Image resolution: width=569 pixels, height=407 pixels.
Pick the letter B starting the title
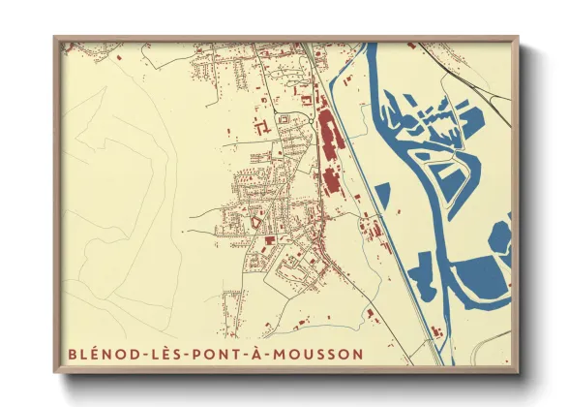[x=72, y=354]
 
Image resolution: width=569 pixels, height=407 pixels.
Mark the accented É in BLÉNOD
[x=94, y=354]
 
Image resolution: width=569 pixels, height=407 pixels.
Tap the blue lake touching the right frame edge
[x=501, y=237]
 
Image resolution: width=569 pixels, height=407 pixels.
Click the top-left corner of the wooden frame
[x=55, y=38]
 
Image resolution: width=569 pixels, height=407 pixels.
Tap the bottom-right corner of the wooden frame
[x=518, y=372]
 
